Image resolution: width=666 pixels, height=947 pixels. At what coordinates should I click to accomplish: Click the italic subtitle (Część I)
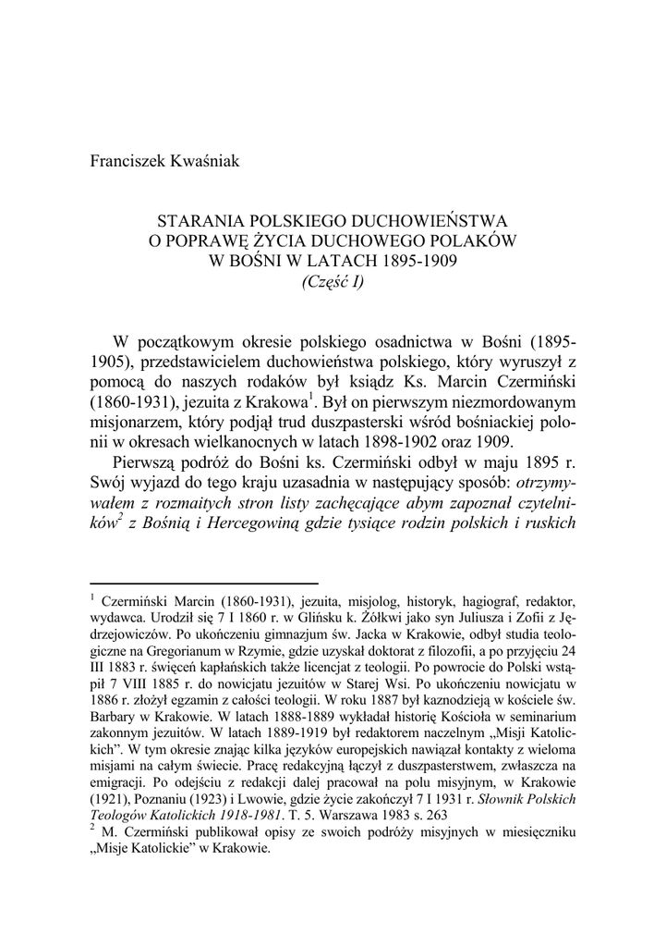[x=333, y=280]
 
